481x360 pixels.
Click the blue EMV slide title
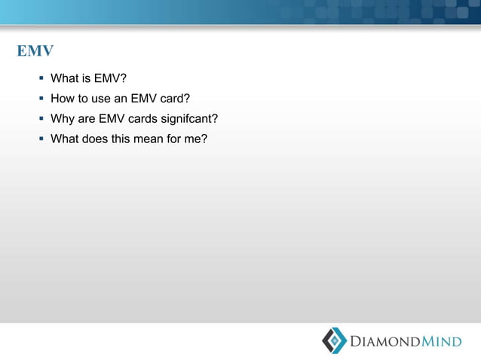[x=35, y=52]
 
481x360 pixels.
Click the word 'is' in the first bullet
[x=86, y=78]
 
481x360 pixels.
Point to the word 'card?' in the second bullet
[x=174, y=98]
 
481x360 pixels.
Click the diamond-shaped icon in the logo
[x=334, y=340]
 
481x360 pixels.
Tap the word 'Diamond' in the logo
[x=385, y=342]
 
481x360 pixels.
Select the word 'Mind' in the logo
[x=442, y=342]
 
